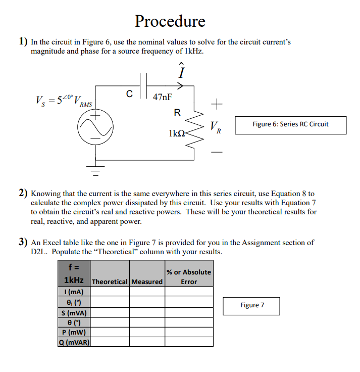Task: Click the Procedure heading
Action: pos(170,21)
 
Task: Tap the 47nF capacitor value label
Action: pos(162,97)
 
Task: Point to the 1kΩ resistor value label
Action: pos(177,134)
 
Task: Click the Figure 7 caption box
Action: pos(252,305)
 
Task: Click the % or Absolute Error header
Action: pos(188,277)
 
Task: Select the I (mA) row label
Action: pos(74,292)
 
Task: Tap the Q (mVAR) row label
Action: pos(74,342)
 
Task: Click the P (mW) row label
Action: pos(74,332)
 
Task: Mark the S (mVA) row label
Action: pos(74,312)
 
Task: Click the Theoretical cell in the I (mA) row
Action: pos(110,292)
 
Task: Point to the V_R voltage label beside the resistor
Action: pos(215,127)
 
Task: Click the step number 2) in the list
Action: pos(23,193)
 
